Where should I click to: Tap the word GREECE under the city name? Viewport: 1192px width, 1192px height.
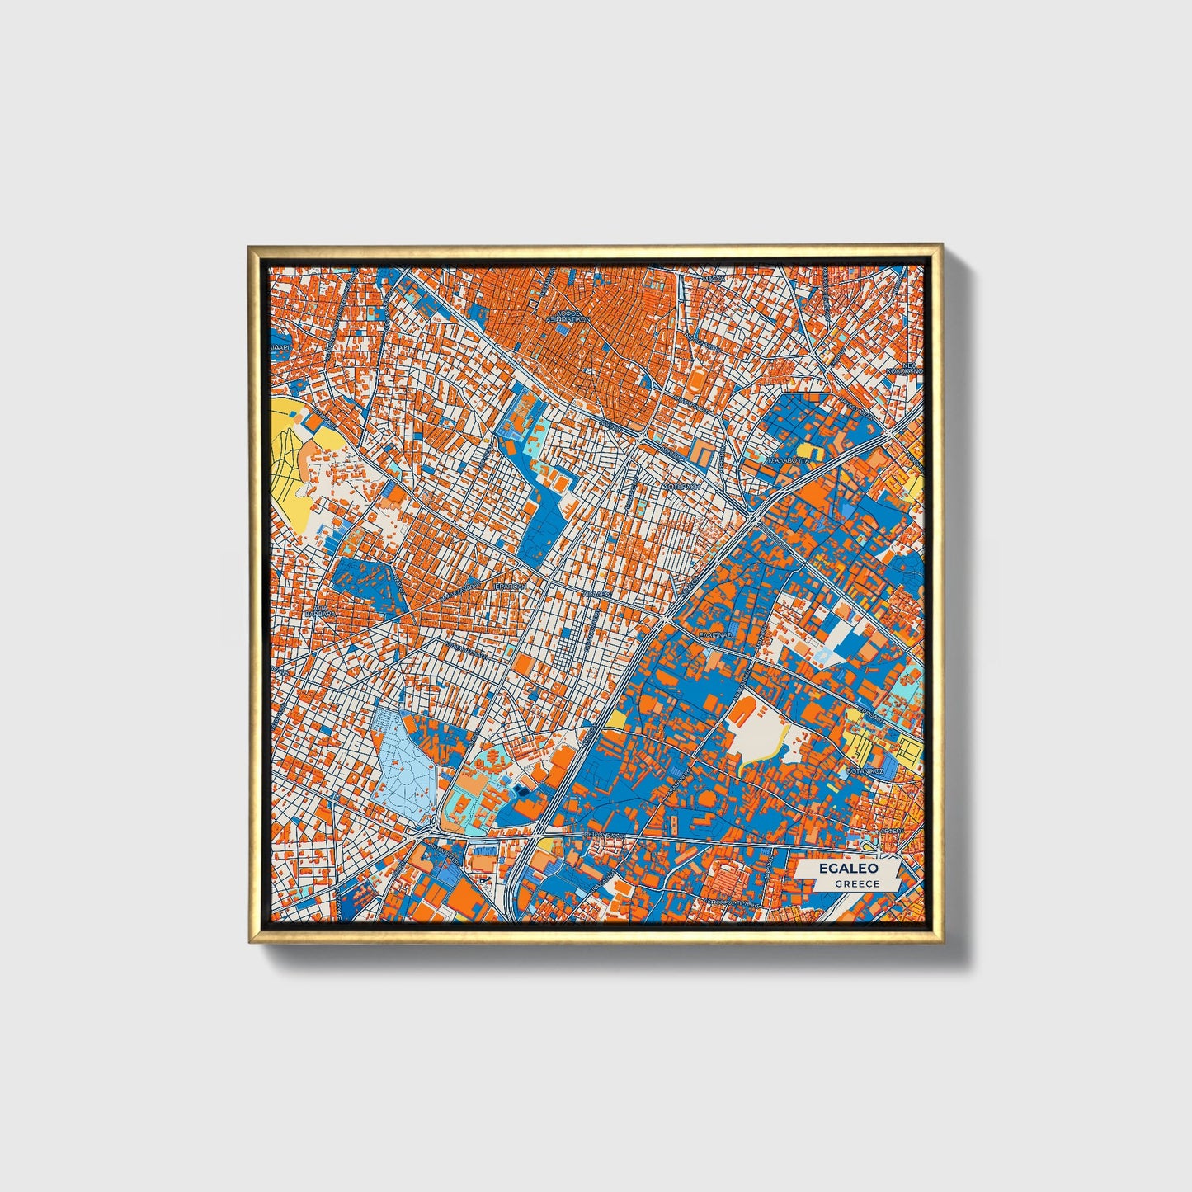click(856, 884)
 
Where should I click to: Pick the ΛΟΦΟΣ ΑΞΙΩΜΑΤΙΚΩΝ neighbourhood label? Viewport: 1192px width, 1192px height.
click(571, 315)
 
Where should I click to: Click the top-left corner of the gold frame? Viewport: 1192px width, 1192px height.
click(250, 247)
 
